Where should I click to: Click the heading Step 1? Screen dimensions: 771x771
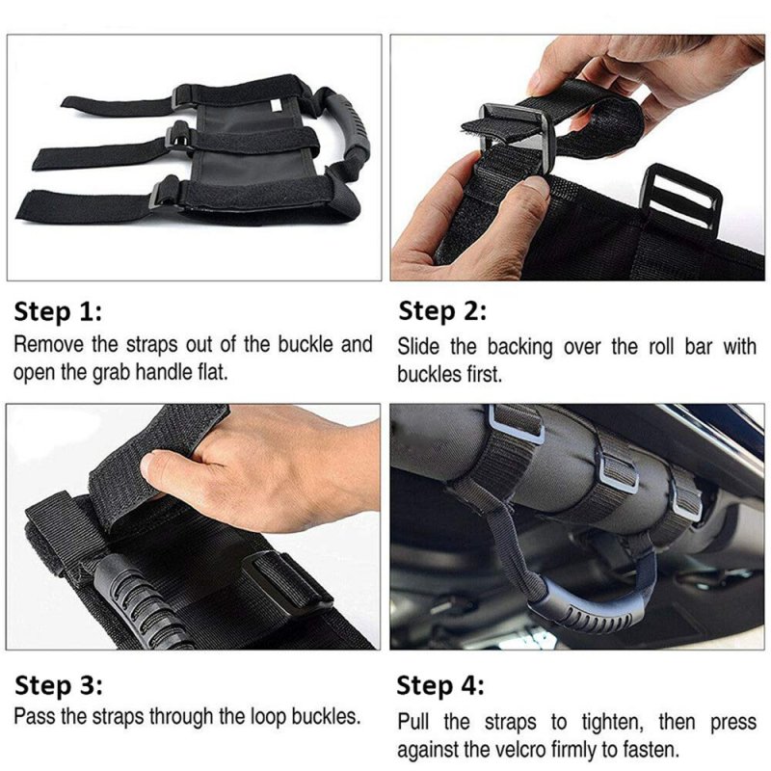[x=58, y=311]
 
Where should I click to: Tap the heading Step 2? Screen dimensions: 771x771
[x=442, y=311]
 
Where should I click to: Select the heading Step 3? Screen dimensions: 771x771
[x=59, y=685]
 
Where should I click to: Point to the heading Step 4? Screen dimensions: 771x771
[x=440, y=685]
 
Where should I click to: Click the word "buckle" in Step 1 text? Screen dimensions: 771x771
[x=306, y=344]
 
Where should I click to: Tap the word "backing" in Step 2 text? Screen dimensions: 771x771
[x=520, y=347]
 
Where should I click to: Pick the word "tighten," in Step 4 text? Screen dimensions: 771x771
[x=613, y=722]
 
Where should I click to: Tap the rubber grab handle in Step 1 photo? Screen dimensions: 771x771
[x=350, y=129]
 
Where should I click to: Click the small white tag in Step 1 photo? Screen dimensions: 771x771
[x=277, y=105]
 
